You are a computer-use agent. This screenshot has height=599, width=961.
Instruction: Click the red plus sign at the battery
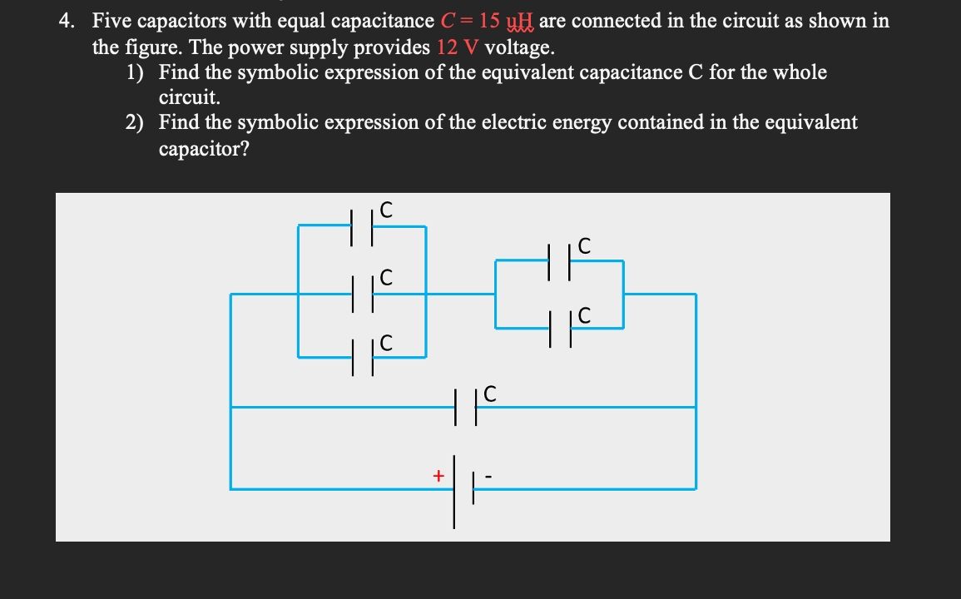[437, 476]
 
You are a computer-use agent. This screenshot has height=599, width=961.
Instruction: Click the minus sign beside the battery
[489, 477]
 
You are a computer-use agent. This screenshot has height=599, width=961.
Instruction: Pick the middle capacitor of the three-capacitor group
[362, 294]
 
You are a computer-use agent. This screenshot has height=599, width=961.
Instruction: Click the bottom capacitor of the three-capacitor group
[362, 358]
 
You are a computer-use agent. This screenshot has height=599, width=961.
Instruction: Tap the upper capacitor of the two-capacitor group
[559, 260]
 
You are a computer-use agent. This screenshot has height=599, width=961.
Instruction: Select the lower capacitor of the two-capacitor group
[559, 329]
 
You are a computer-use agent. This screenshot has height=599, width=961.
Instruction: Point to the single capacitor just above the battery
[465, 407]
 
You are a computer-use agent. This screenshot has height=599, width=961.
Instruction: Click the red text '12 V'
[455, 47]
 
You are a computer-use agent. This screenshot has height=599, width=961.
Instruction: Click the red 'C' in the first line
[445, 21]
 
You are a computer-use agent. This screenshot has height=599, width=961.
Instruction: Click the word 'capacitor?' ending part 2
[204, 149]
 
